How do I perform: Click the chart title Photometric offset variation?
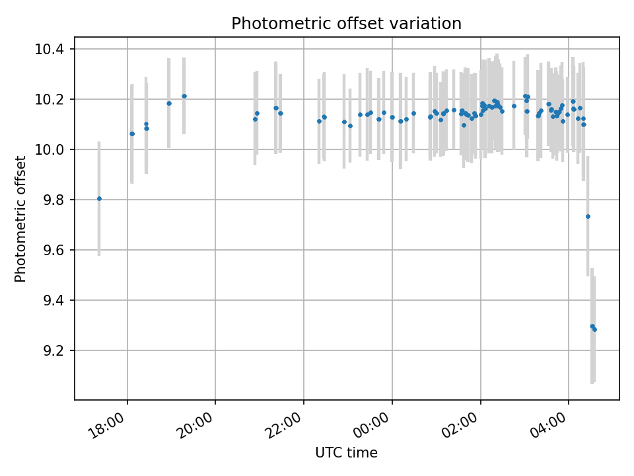346,24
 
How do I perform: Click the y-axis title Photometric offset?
20,219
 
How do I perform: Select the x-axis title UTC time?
346,453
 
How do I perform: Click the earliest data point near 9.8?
99,198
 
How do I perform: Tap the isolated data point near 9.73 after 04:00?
588,216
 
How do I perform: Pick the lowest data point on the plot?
594,329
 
